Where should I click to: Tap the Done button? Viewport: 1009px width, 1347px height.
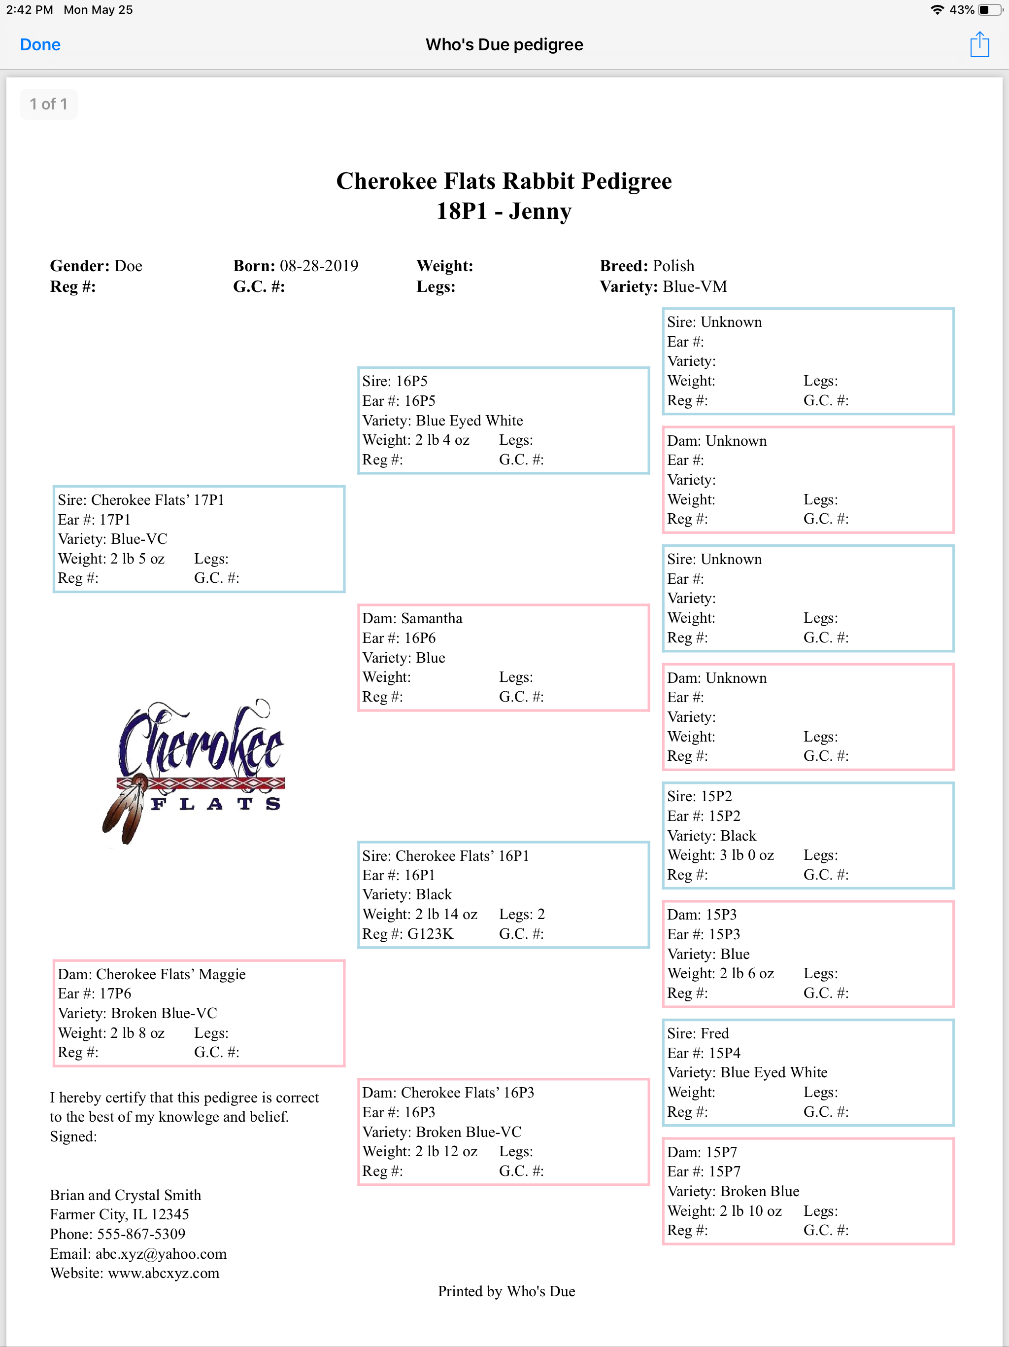click(x=40, y=45)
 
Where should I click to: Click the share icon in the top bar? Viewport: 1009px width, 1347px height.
click(x=979, y=45)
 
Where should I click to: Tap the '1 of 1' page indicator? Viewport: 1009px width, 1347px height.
click(x=49, y=104)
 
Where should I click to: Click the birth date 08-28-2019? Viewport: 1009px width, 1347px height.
click(x=319, y=266)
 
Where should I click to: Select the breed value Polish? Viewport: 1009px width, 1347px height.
click(x=673, y=266)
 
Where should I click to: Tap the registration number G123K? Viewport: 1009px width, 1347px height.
click(x=430, y=934)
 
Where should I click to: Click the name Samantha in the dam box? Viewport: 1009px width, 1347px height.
click(x=432, y=619)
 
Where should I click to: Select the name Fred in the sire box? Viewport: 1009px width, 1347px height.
click(x=714, y=1033)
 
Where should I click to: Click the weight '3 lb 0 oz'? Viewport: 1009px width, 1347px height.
click(x=747, y=855)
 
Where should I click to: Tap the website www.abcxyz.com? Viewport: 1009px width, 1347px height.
click(x=164, y=1274)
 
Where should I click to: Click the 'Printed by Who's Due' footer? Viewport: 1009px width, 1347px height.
click(x=506, y=1292)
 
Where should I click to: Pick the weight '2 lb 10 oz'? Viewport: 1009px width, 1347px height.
click(x=750, y=1211)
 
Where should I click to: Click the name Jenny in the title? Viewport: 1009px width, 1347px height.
click(x=540, y=212)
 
